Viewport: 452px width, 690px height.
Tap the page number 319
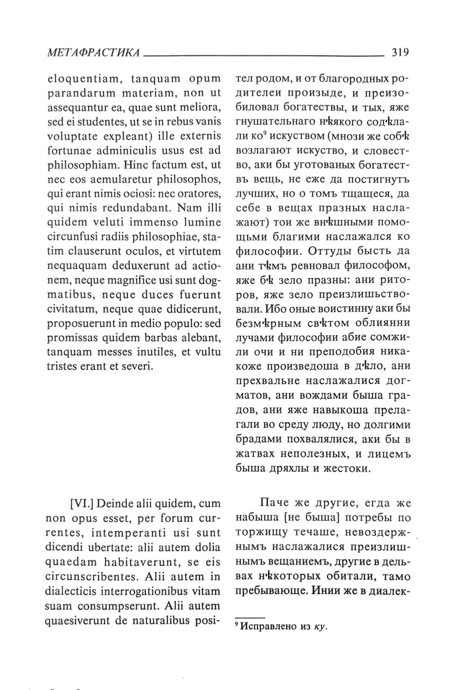point(400,53)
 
